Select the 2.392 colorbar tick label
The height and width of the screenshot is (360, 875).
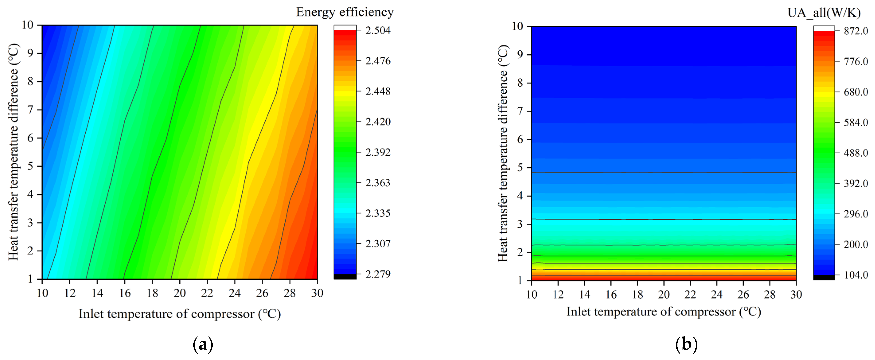[378, 152]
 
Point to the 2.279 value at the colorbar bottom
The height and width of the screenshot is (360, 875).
[378, 274]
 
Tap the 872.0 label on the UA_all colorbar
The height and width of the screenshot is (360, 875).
[856, 31]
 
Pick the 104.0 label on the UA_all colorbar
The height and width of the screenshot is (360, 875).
[856, 275]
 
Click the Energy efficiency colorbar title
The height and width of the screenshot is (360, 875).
[345, 12]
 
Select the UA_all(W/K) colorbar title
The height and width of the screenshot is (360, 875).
[824, 13]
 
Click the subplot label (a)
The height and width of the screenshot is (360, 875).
[203, 344]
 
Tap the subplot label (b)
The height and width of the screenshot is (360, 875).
[686, 344]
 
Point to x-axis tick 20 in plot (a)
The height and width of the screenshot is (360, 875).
[180, 293]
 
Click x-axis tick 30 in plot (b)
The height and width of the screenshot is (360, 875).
[796, 294]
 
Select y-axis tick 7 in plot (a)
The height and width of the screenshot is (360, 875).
[30, 110]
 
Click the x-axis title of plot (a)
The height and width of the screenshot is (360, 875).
[180, 314]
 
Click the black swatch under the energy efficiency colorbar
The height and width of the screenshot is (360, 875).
[345, 277]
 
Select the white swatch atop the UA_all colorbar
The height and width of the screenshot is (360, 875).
[824, 28]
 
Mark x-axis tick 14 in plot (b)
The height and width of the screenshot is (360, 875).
[585, 294]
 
